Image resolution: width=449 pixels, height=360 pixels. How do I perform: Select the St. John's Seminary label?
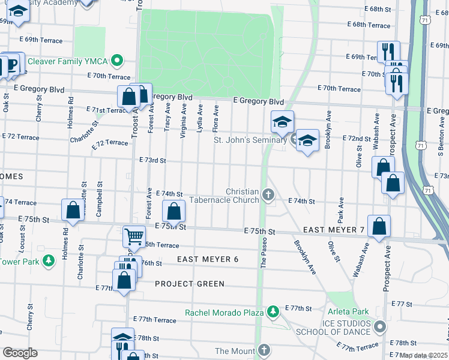(250, 140)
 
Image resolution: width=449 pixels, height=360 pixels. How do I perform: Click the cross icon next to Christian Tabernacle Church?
(268, 194)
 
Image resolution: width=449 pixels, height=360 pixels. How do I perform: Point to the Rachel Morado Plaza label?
(224, 313)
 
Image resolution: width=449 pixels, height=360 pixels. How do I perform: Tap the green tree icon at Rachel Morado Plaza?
(273, 311)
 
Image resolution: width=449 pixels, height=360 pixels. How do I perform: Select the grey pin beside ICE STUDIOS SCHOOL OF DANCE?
(379, 327)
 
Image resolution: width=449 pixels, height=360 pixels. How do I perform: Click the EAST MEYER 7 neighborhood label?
(334, 230)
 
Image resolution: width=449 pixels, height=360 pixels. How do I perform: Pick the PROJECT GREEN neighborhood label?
(190, 284)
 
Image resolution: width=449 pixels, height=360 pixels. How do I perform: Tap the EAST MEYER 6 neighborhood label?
(208, 259)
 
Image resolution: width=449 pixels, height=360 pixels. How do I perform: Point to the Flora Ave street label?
(215, 118)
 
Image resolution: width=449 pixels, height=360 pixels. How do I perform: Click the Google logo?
(20, 353)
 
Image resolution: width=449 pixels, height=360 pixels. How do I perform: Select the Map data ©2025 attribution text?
(424, 355)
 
